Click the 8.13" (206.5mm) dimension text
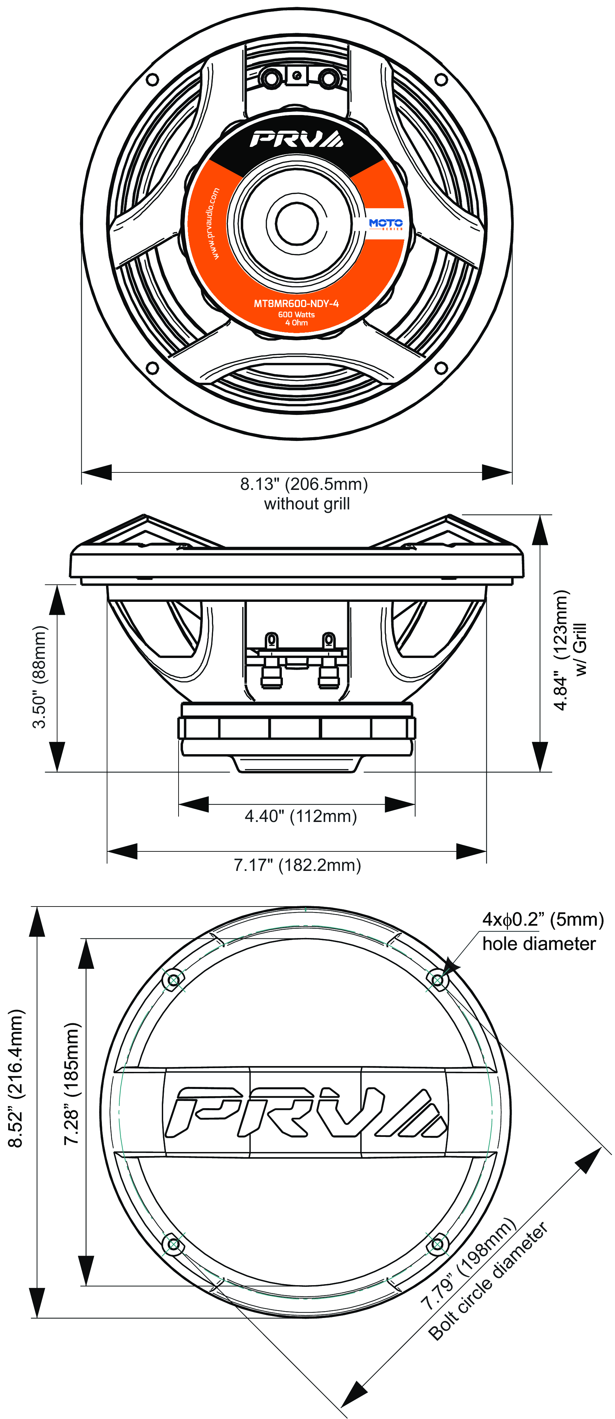click(x=304, y=484)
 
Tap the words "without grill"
click(x=307, y=504)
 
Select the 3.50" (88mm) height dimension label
click(x=40, y=677)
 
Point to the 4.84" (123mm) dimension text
click(x=561, y=650)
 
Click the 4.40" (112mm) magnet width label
click(x=301, y=816)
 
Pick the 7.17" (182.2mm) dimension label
click(x=297, y=865)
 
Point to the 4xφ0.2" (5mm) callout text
click(x=543, y=920)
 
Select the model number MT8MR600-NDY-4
click(x=296, y=304)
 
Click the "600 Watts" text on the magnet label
click(x=296, y=315)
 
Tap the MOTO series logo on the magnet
click(x=385, y=223)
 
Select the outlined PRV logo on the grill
click(x=305, y=1112)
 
